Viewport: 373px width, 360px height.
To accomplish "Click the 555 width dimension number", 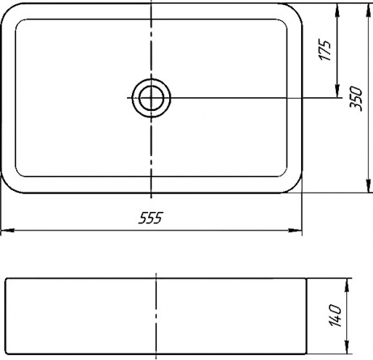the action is tap(150, 218).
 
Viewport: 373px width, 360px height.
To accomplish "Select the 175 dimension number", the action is tap(324, 50).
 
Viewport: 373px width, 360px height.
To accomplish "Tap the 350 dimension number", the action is tap(355, 99).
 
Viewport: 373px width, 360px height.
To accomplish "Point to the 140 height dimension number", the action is tap(335, 316).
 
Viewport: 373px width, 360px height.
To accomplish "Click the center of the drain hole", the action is tap(151, 98).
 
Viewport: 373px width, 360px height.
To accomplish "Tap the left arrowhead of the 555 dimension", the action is tap(7, 231).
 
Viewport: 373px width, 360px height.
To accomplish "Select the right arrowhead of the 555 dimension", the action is tap(295, 231).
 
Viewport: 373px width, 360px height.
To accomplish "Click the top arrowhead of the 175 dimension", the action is tap(337, 10).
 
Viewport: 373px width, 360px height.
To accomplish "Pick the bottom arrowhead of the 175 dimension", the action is tap(337, 91).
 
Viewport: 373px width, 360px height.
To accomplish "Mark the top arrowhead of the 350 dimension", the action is tap(369, 10).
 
